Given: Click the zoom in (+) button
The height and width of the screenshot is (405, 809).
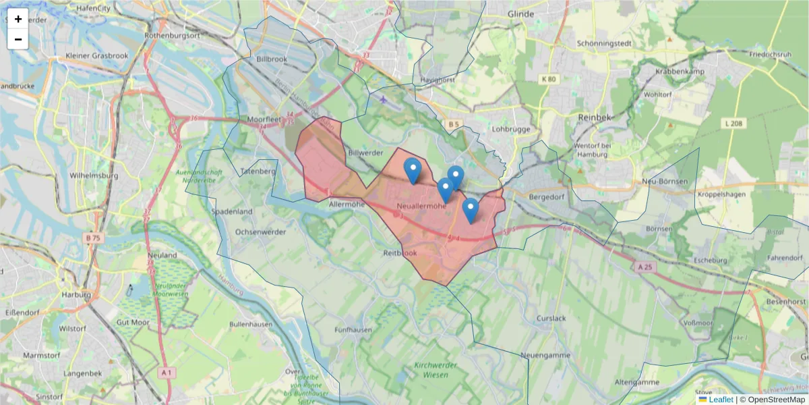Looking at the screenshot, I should click(18, 19).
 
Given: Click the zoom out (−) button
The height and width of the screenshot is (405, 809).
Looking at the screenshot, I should click(18, 39).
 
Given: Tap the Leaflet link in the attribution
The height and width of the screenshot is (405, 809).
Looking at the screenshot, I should click(721, 400).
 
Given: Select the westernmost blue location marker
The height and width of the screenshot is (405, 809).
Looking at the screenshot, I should click(413, 170).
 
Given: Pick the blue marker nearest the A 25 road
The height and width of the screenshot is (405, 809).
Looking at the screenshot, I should click(471, 210).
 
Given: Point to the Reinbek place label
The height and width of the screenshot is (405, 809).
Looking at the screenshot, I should click(594, 117).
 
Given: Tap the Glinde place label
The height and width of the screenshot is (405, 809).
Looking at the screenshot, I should click(520, 14).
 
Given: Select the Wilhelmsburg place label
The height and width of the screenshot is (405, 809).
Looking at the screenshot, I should click(94, 175).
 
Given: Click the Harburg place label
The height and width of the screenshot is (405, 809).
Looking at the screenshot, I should click(76, 295).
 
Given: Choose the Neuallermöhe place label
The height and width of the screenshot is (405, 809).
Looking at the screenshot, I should click(421, 205).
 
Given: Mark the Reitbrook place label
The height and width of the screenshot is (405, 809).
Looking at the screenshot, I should click(400, 253).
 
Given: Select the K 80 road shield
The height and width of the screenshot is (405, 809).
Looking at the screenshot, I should click(549, 79).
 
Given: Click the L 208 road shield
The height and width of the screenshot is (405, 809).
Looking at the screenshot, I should click(734, 123).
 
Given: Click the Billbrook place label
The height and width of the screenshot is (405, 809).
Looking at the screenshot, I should click(272, 59).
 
